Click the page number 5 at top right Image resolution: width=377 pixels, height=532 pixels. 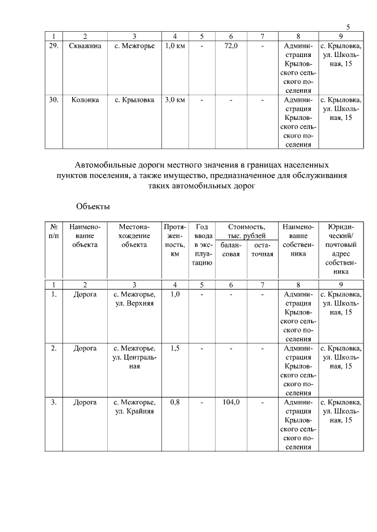348,27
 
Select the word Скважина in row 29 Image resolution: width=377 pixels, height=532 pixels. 85,46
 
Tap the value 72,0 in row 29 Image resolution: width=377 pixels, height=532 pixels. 231,46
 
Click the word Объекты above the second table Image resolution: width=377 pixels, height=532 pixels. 93,206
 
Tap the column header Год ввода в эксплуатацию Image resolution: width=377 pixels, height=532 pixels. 201,245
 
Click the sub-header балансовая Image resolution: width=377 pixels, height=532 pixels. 231,249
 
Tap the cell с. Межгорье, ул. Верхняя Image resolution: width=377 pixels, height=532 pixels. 135,299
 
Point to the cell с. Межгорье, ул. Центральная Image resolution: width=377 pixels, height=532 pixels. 135,357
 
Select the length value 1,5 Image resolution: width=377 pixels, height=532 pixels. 175,348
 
